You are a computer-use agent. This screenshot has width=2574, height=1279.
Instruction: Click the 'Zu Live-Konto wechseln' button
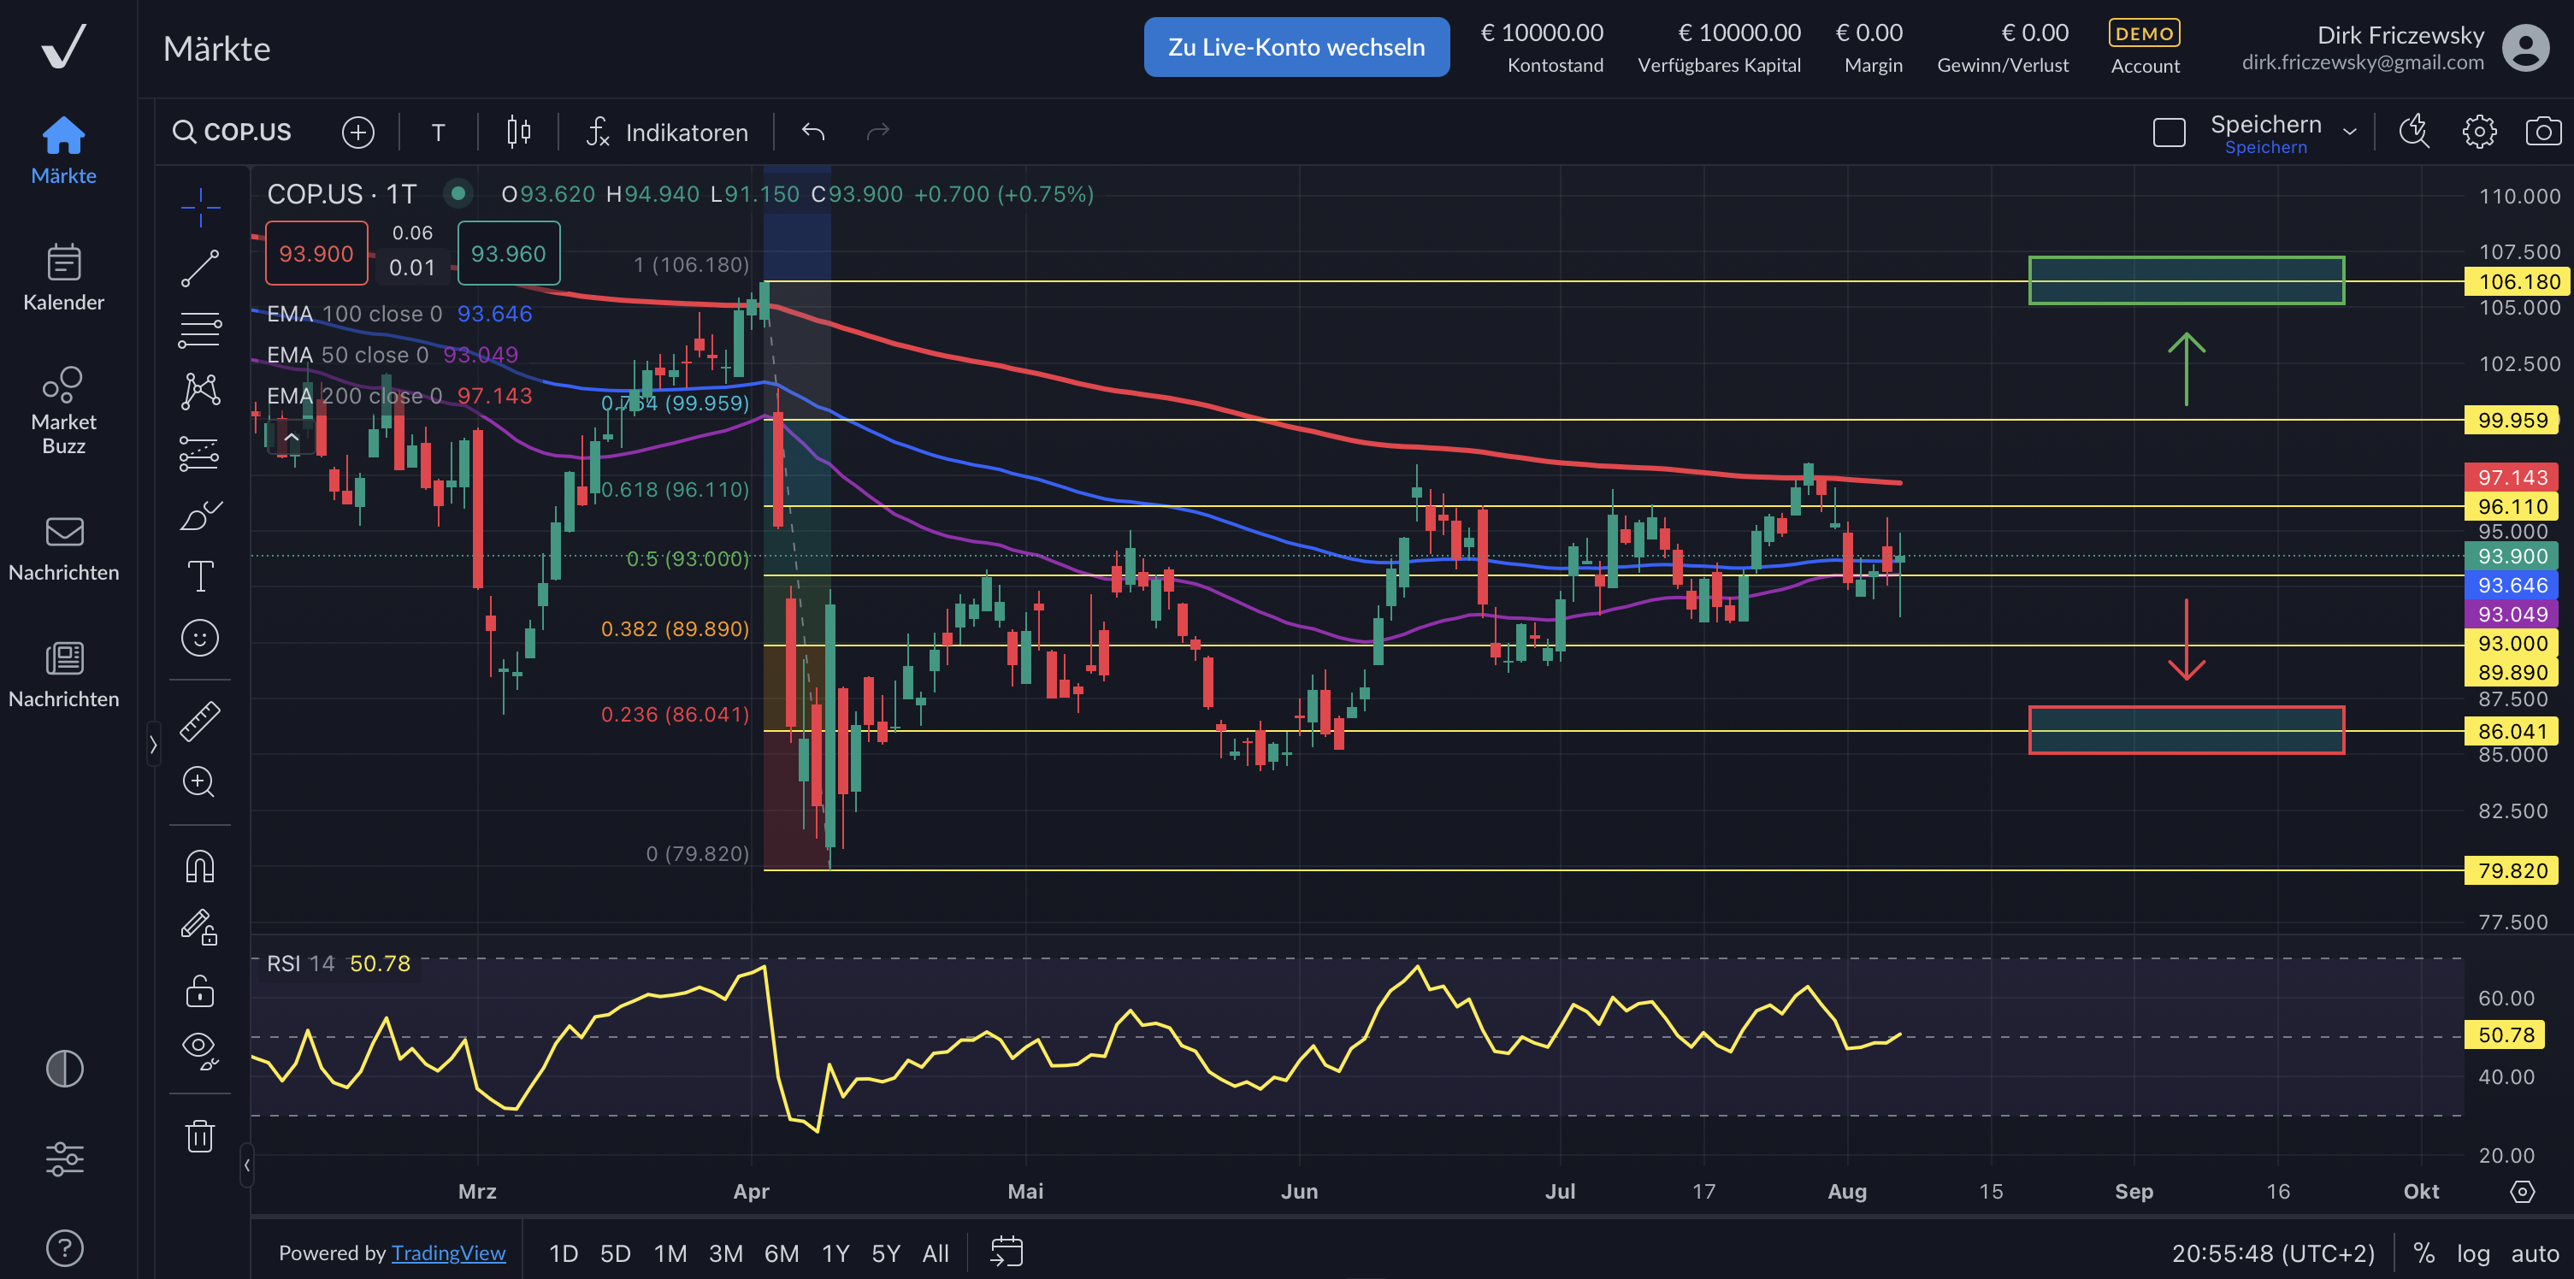click(1296, 47)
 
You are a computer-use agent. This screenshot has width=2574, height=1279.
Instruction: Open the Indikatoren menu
click(668, 132)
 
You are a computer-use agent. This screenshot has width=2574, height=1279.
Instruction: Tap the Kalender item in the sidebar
click(64, 277)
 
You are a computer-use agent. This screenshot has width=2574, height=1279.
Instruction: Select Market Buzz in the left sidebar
click(64, 409)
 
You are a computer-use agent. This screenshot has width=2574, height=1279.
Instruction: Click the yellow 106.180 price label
click(2512, 282)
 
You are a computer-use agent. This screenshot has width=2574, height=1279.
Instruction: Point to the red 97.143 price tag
click(2512, 478)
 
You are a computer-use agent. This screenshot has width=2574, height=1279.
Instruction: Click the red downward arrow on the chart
click(2187, 640)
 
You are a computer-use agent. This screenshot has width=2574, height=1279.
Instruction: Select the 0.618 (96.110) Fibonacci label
click(675, 490)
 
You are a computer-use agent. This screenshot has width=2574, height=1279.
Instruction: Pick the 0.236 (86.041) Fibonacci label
click(675, 715)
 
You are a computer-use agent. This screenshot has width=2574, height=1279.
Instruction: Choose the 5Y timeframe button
click(885, 1253)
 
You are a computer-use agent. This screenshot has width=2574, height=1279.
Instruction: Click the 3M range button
click(725, 1253)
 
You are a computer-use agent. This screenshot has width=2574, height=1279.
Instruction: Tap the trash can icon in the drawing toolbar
click(200, 1136)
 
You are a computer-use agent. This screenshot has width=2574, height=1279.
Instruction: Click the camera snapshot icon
click(2543, 132)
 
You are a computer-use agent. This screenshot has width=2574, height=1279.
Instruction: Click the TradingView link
click(449, 1253)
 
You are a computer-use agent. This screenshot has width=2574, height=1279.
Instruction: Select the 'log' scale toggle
click(2473, 1253)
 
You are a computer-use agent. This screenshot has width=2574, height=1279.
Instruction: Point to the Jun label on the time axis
click(1299, 1191)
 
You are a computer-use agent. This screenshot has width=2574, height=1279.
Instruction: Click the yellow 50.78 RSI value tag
click(2506, 1035)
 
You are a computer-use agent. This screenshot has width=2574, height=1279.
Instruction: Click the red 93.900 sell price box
click(316, 254)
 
